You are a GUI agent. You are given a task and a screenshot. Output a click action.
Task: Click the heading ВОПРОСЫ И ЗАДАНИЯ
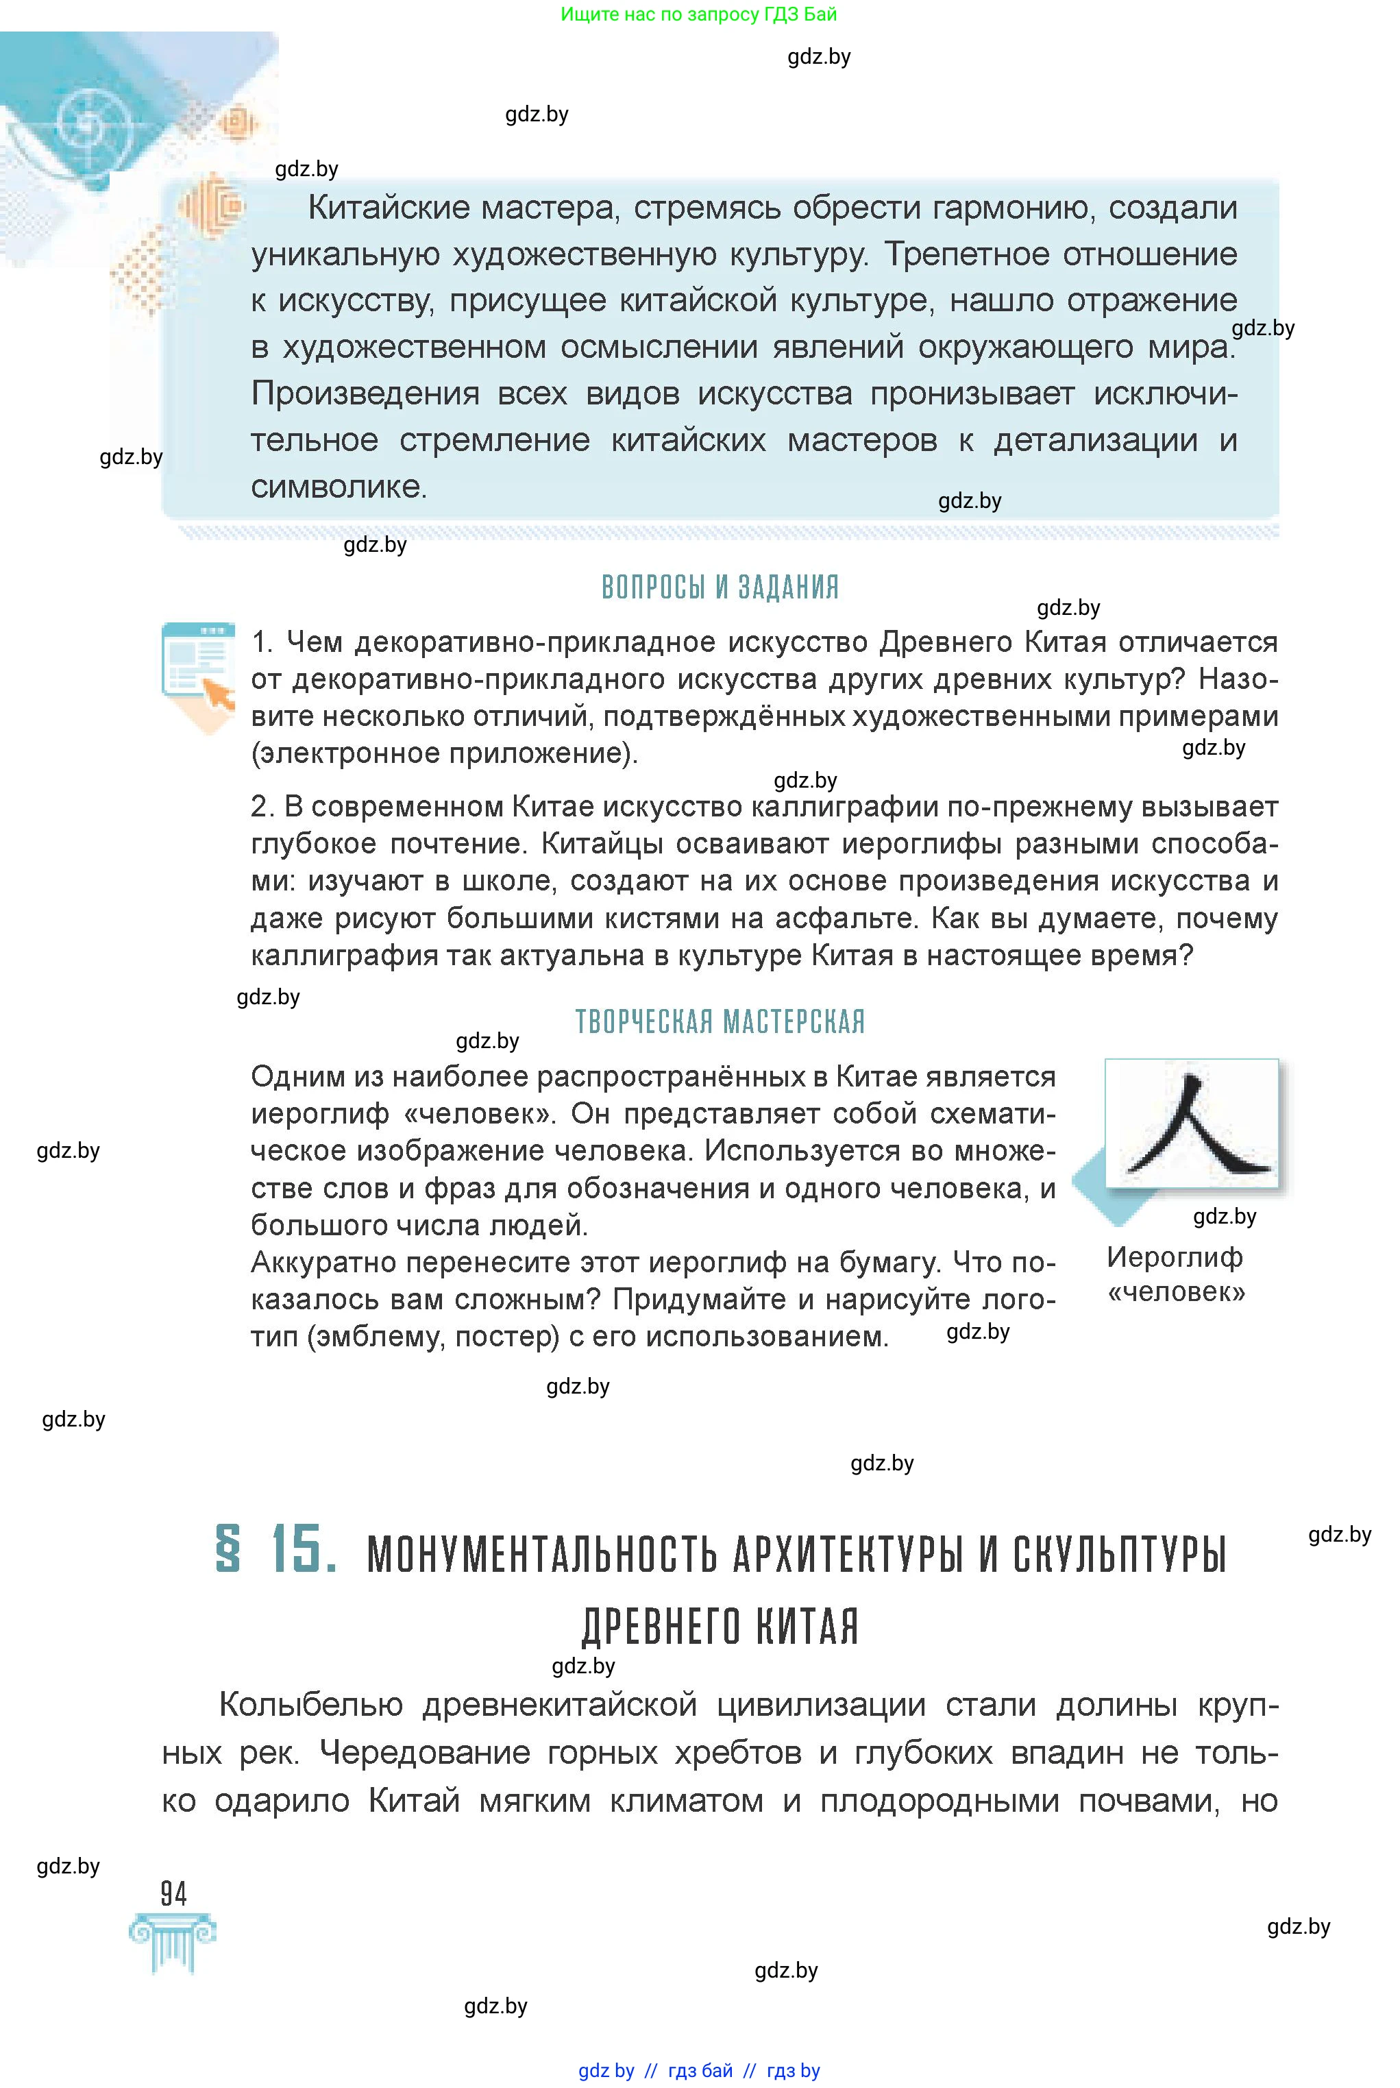tap(720, 587)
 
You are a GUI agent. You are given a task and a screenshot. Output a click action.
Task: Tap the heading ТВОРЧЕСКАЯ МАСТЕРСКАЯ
tap(720, 1021)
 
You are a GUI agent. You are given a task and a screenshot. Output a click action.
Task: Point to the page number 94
tap(173, 1893)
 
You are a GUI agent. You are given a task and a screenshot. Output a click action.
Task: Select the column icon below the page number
tap(173, 1943)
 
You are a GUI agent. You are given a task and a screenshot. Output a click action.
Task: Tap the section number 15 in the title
tap(304, 1549)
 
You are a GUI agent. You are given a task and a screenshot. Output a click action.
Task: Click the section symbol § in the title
tap(229, 1549)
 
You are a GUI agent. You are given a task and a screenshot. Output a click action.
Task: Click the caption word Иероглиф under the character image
tap(1174, 1257)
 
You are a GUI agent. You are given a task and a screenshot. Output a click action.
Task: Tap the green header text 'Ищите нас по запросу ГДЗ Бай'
tap(698, 14)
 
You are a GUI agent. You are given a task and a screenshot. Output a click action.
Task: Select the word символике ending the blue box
tap(338, 487)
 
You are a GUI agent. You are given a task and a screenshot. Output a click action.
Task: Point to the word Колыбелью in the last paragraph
tap(310, 1705)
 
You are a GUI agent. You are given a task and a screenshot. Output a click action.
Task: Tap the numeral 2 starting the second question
tap(260, 806)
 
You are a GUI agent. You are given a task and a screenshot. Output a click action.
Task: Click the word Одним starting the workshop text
tap(295, 1077)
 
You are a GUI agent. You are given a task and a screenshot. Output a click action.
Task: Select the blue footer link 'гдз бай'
tap(700, 2071)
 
